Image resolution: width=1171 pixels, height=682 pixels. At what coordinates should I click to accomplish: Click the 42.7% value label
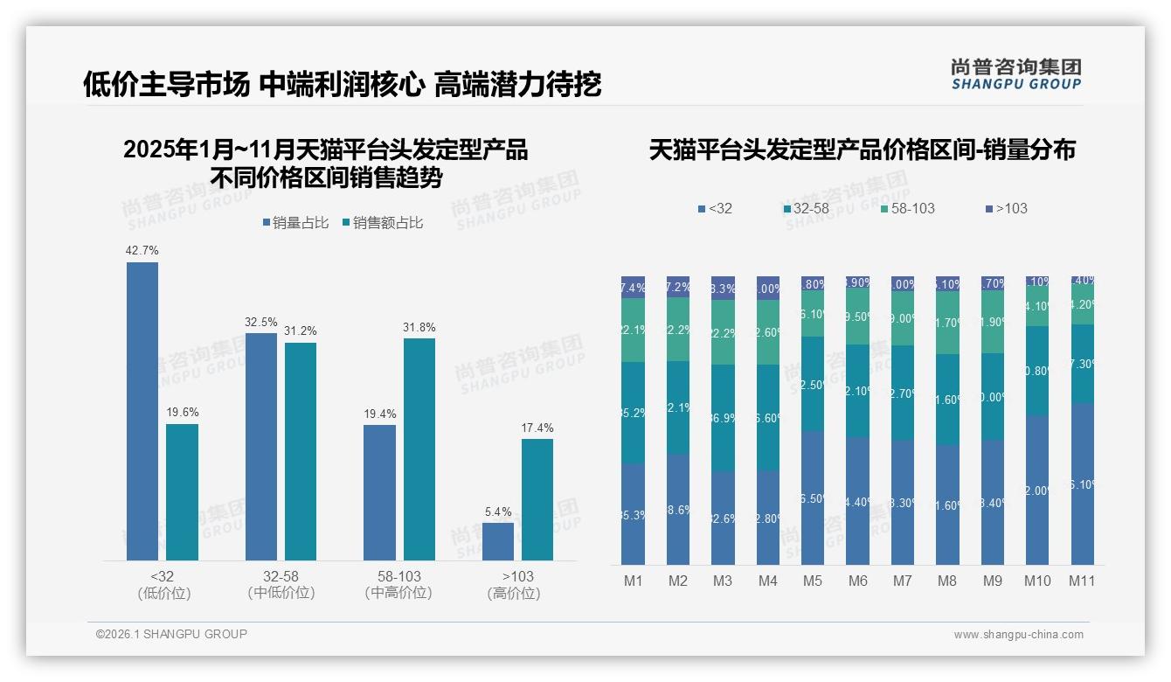[x=142, y=251]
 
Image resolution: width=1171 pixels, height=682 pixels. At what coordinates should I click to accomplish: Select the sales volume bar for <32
[x=142, y=411]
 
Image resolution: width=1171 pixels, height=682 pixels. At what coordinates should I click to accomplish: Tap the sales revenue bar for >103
[x=537, y=499]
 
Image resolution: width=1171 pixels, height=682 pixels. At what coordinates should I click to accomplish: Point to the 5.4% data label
[x=497, y=511]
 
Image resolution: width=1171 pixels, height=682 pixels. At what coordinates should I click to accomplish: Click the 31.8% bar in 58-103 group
[x=419, y=449]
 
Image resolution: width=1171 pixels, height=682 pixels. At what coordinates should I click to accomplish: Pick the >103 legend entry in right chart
[x=1007, y=209]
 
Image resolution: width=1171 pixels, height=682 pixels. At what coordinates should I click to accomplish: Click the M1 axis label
[x=633, y=581]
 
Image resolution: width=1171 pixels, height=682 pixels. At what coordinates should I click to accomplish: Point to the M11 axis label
[x=1082, y=581]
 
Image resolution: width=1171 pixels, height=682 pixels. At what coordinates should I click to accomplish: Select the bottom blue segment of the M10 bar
[x=1037, y=490]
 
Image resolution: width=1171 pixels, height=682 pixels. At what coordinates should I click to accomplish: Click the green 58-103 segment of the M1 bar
[x=633, y=330]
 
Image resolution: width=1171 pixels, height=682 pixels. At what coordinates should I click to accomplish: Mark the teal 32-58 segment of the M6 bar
[x=857, y=391]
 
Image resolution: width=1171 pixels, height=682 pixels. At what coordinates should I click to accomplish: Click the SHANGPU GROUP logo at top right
[x=1015, y=73]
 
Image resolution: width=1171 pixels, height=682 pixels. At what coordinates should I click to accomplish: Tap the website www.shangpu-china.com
[x=1018, y=635]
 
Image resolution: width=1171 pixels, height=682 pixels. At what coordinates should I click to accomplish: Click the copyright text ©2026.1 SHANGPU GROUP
[x=171, y=634]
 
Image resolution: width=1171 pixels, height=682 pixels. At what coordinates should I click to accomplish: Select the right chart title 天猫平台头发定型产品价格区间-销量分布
[x=862, y=150]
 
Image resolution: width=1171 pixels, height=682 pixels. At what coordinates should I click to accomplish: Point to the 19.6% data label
[x=182, y=413]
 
